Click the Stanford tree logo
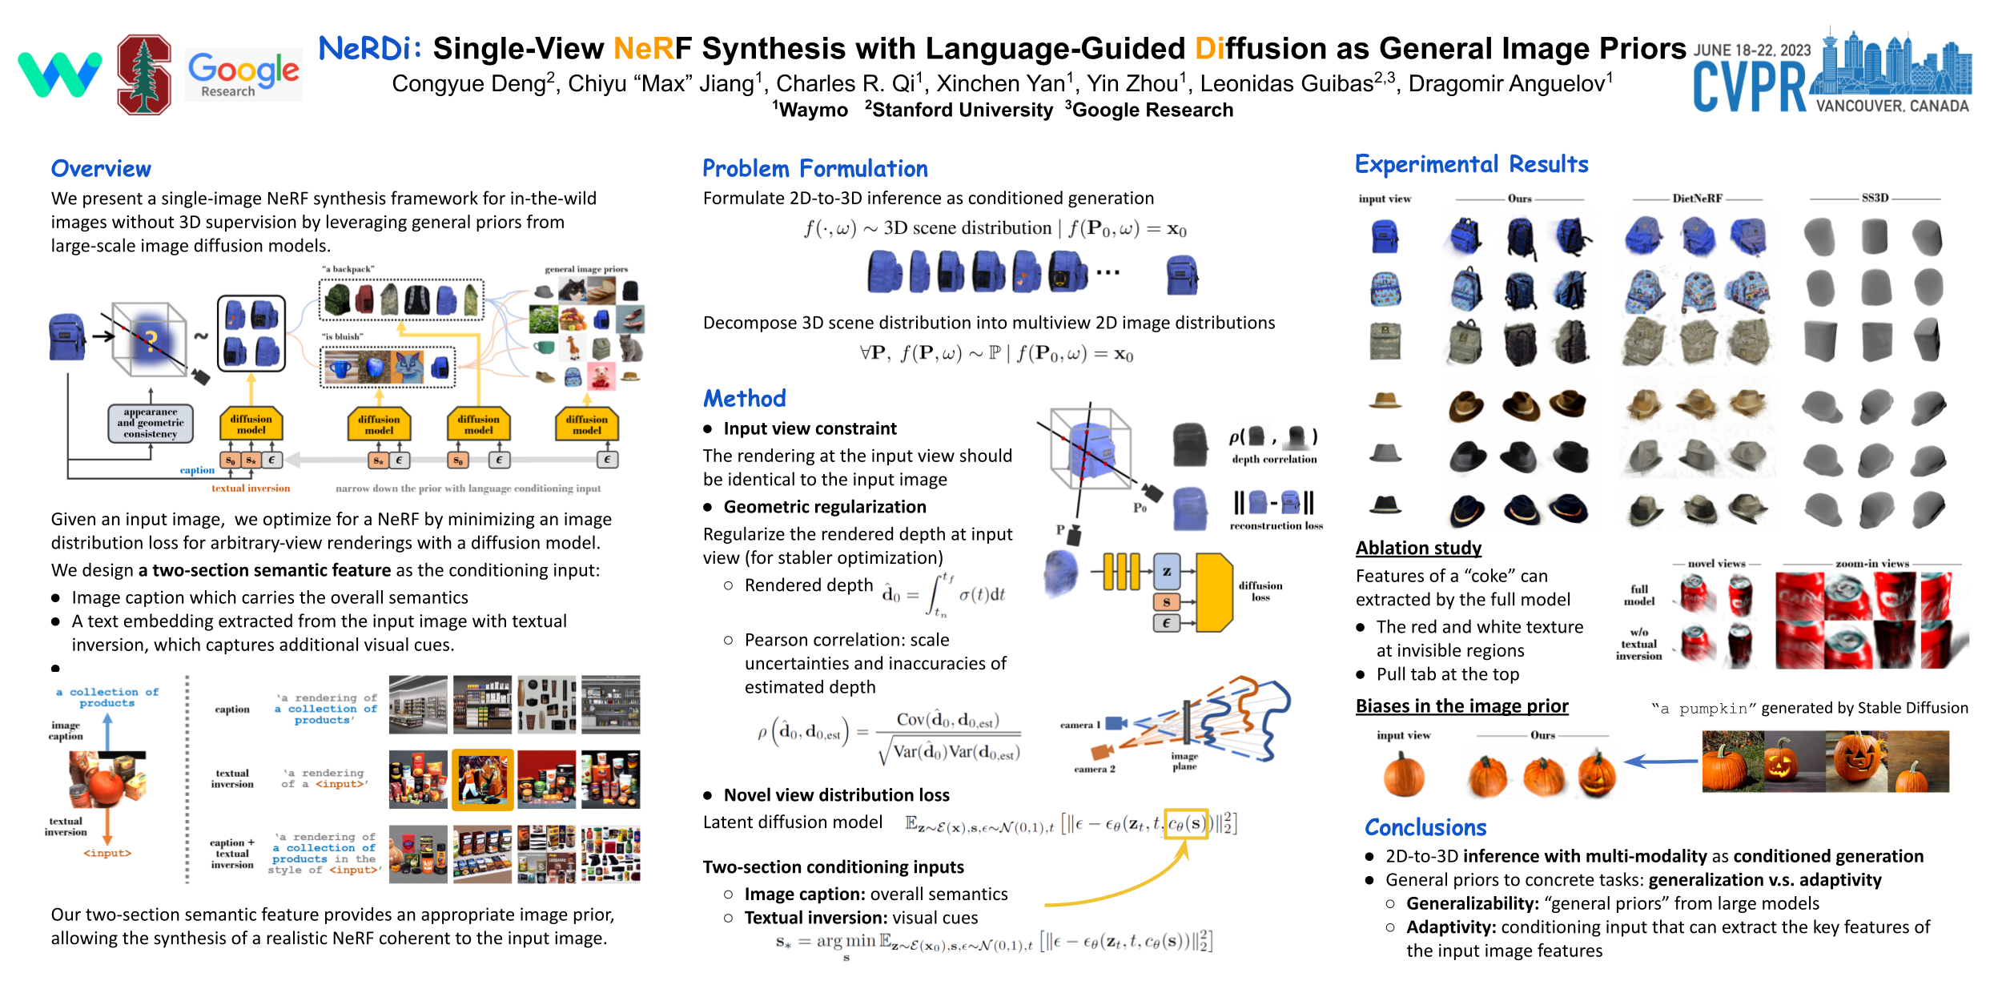[x=144, y=74]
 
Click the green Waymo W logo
[x=60, y=74]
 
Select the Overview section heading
[x=101, y=169]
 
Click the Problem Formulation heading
[x=814, y=169]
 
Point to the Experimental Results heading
[x=1471, y=165]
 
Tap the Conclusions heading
[x=1425, y=827]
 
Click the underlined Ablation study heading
[x=1418, y=549]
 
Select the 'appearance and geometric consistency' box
[x=151, y=423]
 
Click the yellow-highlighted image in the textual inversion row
[x=482, y=780]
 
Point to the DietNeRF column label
[x=1697, y=199]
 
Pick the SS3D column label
[x=1875, y=198]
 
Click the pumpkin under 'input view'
[x=1404, y=775]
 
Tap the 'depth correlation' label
[x=1274, y=460]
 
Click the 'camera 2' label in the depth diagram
[x=1094, y=769]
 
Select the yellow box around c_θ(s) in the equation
[x=1186, y=823]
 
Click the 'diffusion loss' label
[x=1260, y=591]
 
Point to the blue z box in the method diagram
[x=1167, y=572]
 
